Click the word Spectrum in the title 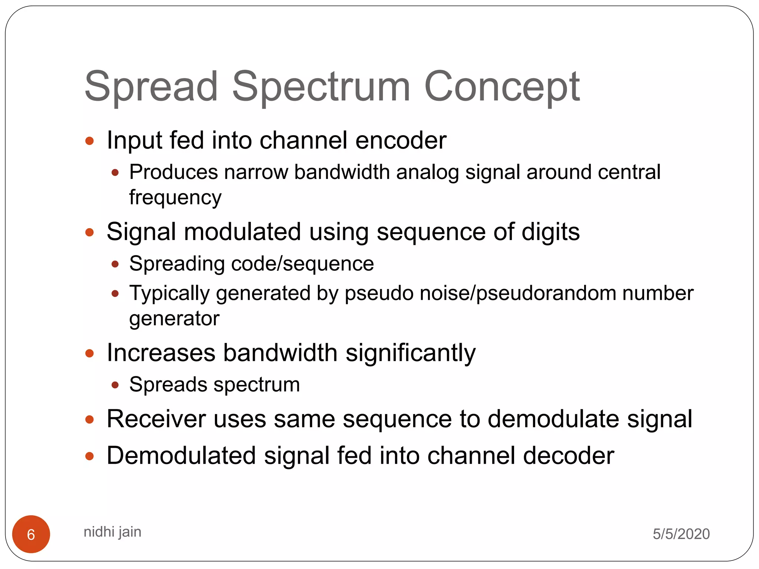click(321, 87)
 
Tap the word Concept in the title click(502, 87)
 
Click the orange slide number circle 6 click(31, 534)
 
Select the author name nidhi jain click(112, 532)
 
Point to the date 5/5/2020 click(681, 534)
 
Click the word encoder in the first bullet click(401, 140)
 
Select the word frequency click(175, 197)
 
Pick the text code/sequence click(302, 264)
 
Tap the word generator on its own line click(174, 319)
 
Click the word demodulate click(553, 419)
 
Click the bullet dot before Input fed click(89, 141)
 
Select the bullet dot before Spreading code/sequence click(115, 264)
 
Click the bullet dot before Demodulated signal click(89, 456)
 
